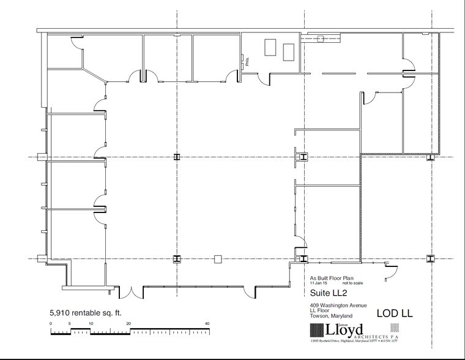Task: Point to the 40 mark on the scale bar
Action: (x=207, y=324)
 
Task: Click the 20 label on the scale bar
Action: (x=129, y=324)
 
